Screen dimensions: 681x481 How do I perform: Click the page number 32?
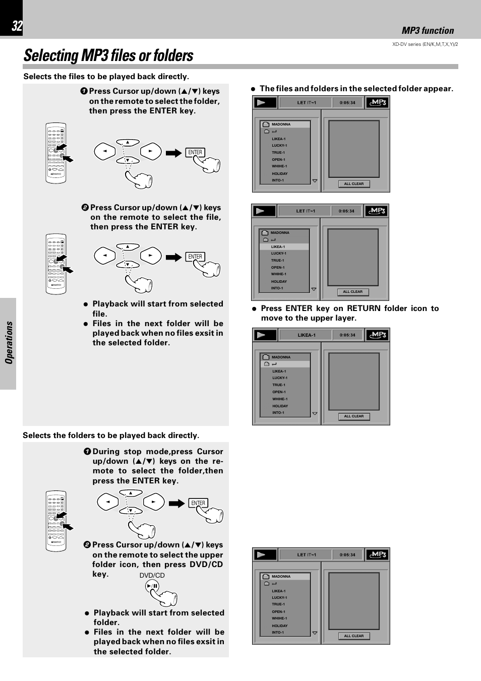pos(17,26)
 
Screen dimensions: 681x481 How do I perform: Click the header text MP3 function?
pos(428,30)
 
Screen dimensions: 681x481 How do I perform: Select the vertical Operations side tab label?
pos(9,343)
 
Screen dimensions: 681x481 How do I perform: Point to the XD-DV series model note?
pos(425,44)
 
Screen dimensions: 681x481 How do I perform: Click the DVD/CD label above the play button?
pos(152,575)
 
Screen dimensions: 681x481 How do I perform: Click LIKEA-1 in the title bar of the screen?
pos(306,335)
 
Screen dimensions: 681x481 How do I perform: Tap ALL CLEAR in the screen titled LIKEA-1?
pos(353,416)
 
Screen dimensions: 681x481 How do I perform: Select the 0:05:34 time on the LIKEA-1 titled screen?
pos(347,335)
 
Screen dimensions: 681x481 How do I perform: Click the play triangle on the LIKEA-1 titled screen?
pos(261,335)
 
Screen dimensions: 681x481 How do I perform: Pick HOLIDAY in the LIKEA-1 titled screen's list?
pos(280,406)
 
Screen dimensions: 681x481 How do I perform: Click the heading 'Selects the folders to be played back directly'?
pos(111,436)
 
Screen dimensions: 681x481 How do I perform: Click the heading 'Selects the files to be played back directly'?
pos(106,77)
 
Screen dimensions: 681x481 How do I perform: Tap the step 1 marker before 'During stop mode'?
pos(87,452)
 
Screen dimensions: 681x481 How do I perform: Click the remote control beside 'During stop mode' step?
pos(56,521)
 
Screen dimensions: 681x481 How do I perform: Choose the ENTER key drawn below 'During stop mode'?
pos(198,503)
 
